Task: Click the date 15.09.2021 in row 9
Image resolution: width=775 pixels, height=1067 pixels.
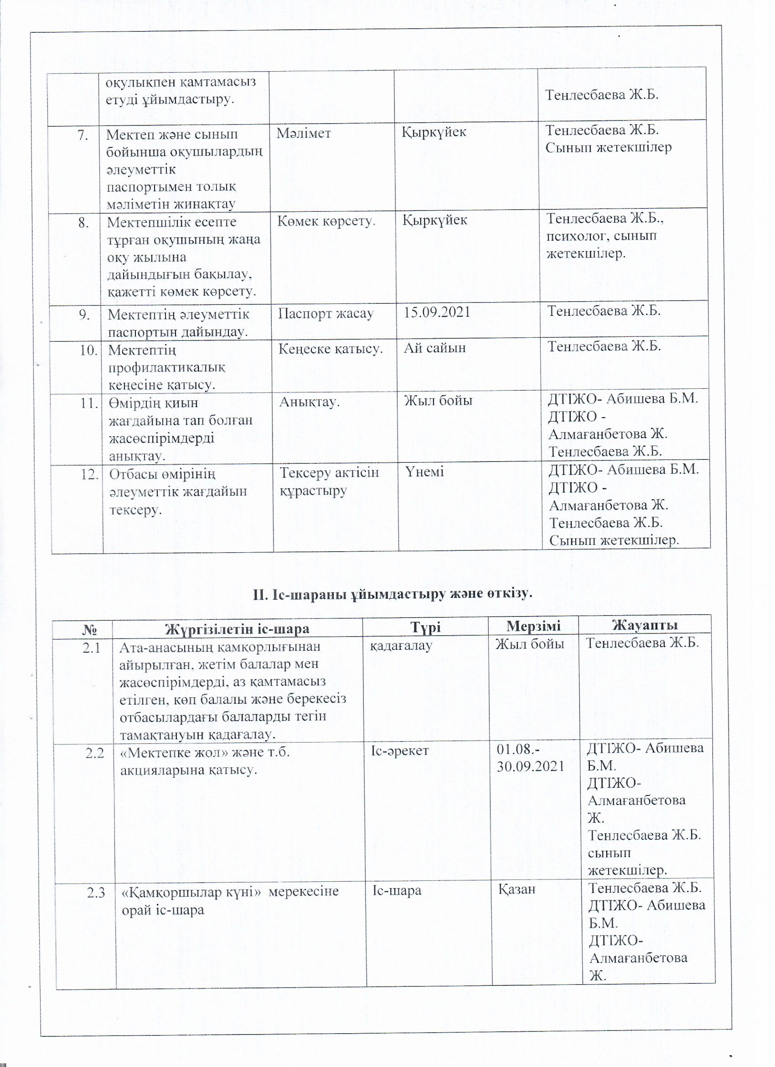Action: pyautogui.click(x=437, y=312)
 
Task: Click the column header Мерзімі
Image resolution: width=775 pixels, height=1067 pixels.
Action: pyautogui.click(x=533, y=626)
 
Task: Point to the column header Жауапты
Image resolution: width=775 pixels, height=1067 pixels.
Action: pyautogui.click(x=644, y=625)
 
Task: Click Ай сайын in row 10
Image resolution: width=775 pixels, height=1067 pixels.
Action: pyautogui.click(x=435, y=348)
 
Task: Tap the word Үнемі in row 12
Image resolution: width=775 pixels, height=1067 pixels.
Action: pyautogui.click(x=424, y=471)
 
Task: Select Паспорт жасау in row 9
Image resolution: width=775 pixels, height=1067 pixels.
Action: pyautogui.click(x=325, y=314)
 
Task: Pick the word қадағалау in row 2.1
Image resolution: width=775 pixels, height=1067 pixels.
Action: pyautogui.click(x=401, y=646)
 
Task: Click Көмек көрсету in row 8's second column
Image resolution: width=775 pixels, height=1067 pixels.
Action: pyautogui.click(x=326, y=221)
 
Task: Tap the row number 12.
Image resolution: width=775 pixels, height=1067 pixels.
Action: pyautogui.click(x=89, y=474)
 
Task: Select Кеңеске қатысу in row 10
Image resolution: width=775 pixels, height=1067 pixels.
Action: pyautogui.click(x=331, y=349)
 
